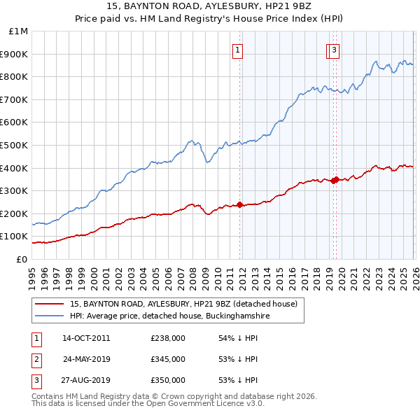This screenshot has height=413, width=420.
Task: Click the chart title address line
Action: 210,8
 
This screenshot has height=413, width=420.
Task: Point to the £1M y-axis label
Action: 17,31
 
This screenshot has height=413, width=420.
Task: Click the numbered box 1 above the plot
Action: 239,50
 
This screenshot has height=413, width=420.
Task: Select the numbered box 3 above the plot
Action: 335,50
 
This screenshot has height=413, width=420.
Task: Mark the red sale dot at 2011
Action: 239,204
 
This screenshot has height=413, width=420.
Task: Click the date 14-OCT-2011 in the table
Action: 86,338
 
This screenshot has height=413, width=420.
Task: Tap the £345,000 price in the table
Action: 168,359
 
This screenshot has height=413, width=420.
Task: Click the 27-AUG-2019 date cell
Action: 86,380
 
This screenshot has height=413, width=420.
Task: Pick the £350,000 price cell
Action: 168,380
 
